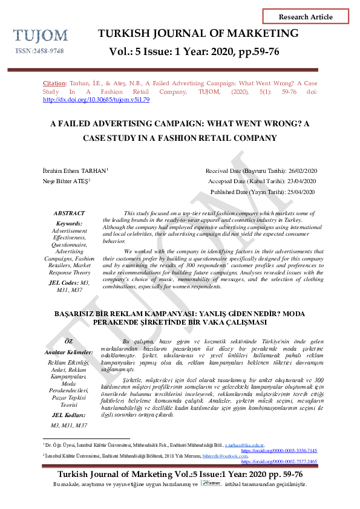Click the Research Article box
[305, 17]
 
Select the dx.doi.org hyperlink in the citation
[96, 100]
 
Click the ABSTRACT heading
[69, 213]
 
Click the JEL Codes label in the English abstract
[62, 282]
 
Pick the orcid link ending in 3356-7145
[279, 451]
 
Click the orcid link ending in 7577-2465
[279, 461]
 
